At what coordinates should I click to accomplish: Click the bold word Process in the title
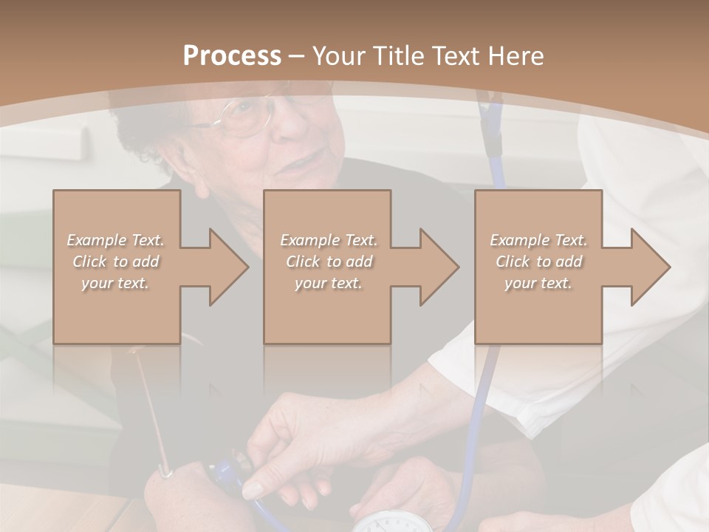232,56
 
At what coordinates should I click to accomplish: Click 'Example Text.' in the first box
116,240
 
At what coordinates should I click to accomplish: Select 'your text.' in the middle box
328,283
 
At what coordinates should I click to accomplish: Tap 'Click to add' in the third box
538,262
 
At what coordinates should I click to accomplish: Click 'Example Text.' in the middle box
328,240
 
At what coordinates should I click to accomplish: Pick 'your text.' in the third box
538,283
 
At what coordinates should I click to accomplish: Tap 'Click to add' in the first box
116,262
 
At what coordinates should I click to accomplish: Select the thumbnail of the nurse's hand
253,490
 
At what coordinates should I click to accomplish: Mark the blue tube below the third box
484,392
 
